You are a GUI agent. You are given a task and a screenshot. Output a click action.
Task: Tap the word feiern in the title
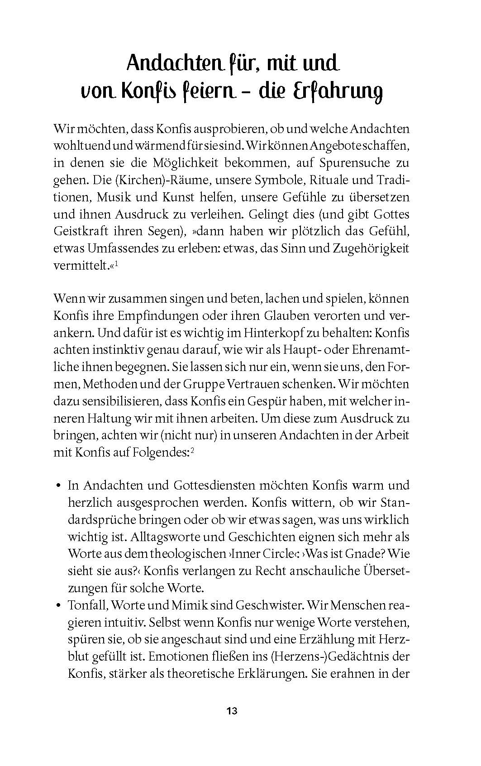pyautogui.click(x=207, y=91)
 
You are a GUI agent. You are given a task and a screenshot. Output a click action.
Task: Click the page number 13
pyautogui.click(x=232, y=710)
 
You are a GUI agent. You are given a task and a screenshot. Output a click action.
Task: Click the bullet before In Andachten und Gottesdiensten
pyautogui.click(x=58, y=485)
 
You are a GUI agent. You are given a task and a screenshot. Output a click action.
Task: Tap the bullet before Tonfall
pyautogui.click(x=58, y=605)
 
